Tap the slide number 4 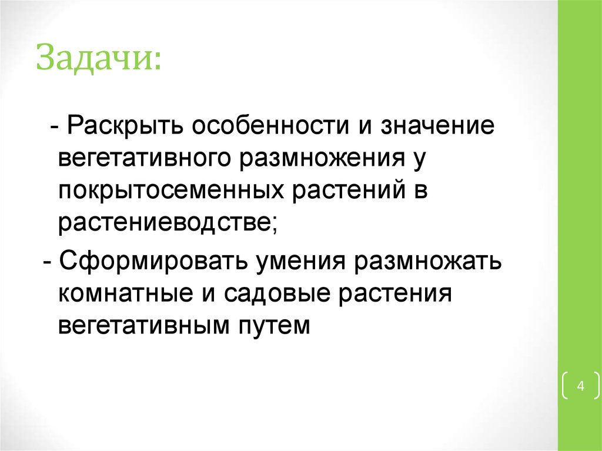pyautogui.click(x=580, y=386)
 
